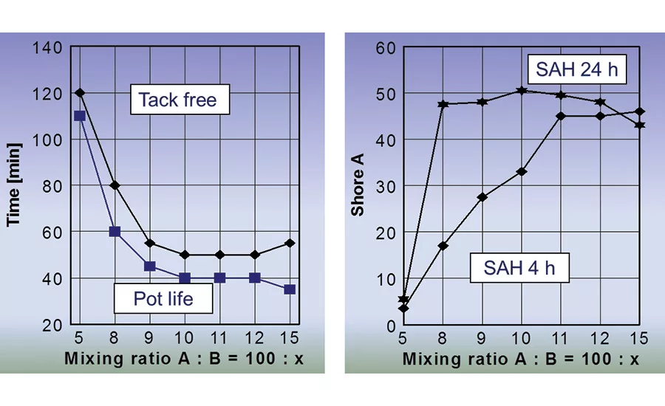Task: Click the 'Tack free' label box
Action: (178, 100)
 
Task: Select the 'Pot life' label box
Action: (163, 298)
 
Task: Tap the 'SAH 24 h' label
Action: (578, 71)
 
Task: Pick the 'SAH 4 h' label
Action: (519, 268)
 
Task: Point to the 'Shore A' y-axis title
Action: (358, 185)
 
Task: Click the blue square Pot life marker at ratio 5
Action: (80, 116)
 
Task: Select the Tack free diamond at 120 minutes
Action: (80, 93)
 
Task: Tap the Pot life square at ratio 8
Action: (115, 232)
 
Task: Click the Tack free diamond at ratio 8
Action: (115, 185)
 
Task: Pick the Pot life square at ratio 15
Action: (290, 289)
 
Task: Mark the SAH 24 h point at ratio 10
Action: (522, 90)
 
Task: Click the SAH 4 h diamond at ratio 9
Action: (482, 197)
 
